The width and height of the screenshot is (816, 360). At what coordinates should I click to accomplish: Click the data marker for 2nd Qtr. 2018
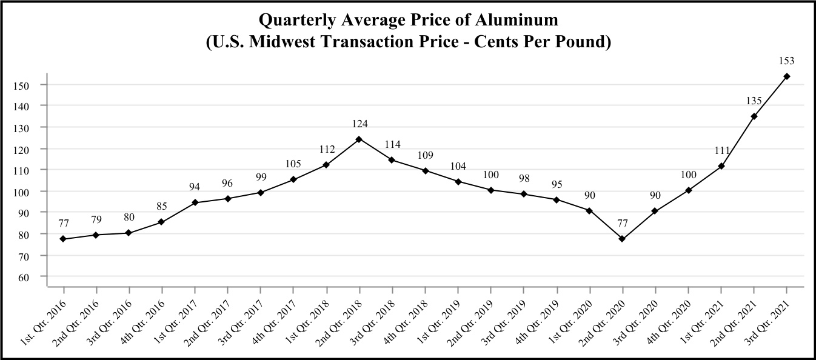(359, 139)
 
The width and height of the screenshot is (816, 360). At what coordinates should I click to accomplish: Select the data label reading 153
(787, 61)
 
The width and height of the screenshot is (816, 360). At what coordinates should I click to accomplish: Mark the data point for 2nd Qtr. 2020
(622, 239)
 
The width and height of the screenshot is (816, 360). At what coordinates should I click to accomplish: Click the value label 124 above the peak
(360, 124)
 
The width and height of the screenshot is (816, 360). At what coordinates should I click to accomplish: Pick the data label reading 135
(754, 101)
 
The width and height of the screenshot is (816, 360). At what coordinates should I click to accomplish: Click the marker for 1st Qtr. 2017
(195, 202)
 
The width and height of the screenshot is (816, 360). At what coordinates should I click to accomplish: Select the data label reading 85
(162, 207)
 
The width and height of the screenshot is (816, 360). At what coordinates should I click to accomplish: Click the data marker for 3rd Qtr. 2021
(787, 76)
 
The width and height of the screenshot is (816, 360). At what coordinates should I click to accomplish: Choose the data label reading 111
(721, 151)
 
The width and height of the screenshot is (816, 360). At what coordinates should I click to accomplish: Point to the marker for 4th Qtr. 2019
(557, 199)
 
